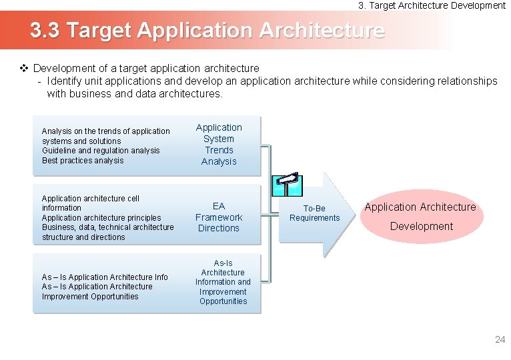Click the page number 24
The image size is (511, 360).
point(500,340)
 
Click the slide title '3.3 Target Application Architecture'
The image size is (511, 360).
point(207,31)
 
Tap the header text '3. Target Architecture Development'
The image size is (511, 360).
point(432,5)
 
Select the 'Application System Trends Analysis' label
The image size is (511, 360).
point(219,144)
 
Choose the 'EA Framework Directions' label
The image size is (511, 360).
point(219,217)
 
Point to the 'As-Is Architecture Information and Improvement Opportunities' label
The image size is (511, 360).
point(223,282)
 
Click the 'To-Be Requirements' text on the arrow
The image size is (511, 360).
point(314,213)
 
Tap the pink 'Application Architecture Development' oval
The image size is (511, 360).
point(420,217)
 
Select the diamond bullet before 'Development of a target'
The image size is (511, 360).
point(23,68)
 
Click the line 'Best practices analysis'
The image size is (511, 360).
point(83,161)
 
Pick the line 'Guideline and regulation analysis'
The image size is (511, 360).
point(101,151)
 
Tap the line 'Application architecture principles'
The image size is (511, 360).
point(101,218)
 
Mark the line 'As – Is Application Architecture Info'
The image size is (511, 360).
point(105,277)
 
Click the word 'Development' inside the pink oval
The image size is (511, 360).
point(421,227)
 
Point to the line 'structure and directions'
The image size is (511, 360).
point(83,237)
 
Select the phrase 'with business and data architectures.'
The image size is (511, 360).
point(135,94)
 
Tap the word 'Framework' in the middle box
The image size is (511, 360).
point(219,217)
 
